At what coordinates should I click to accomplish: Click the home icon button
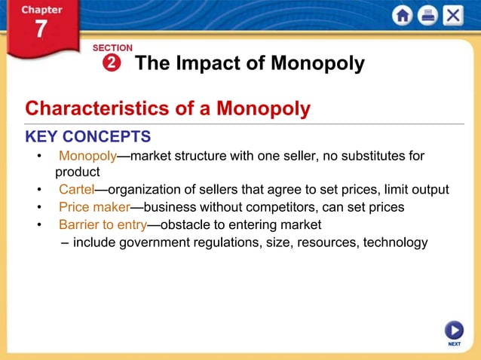[x=403, y=15]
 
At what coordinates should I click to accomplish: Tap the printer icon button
[x=427, y=15]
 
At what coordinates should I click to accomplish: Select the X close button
[x=452, y=15]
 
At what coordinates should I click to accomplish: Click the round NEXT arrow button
[x=454, y=330]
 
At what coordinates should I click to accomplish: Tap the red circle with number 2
[x=112, y=63]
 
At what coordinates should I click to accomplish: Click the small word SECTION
[x=112, y=48]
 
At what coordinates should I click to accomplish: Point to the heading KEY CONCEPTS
[x=88, y=136]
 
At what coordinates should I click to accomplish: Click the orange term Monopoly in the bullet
[x=87, y=157]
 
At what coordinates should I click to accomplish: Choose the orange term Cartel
[x=76, y=190]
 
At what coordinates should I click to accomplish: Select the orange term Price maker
[x=94, y=207]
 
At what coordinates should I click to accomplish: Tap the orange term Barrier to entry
[x=103, y=224]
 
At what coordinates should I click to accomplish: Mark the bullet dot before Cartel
[x=38, y=190]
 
